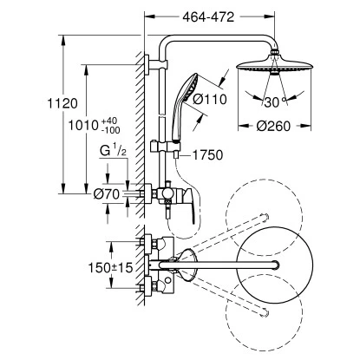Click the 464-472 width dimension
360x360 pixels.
[x=208, y=17]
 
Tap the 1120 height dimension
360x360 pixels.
[x=62, y=103]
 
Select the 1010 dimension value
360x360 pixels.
[x=83, y=125]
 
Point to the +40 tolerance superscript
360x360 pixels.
[x=109, y=121]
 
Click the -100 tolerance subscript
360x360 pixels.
[x=111, y=130]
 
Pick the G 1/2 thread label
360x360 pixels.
[x=113, y=151]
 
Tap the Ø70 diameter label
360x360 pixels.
[x=106, y=194]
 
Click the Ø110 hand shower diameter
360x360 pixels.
[x=210, y=100]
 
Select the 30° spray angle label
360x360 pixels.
[x=275, y=102]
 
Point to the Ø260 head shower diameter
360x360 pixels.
[x=273, y=126]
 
